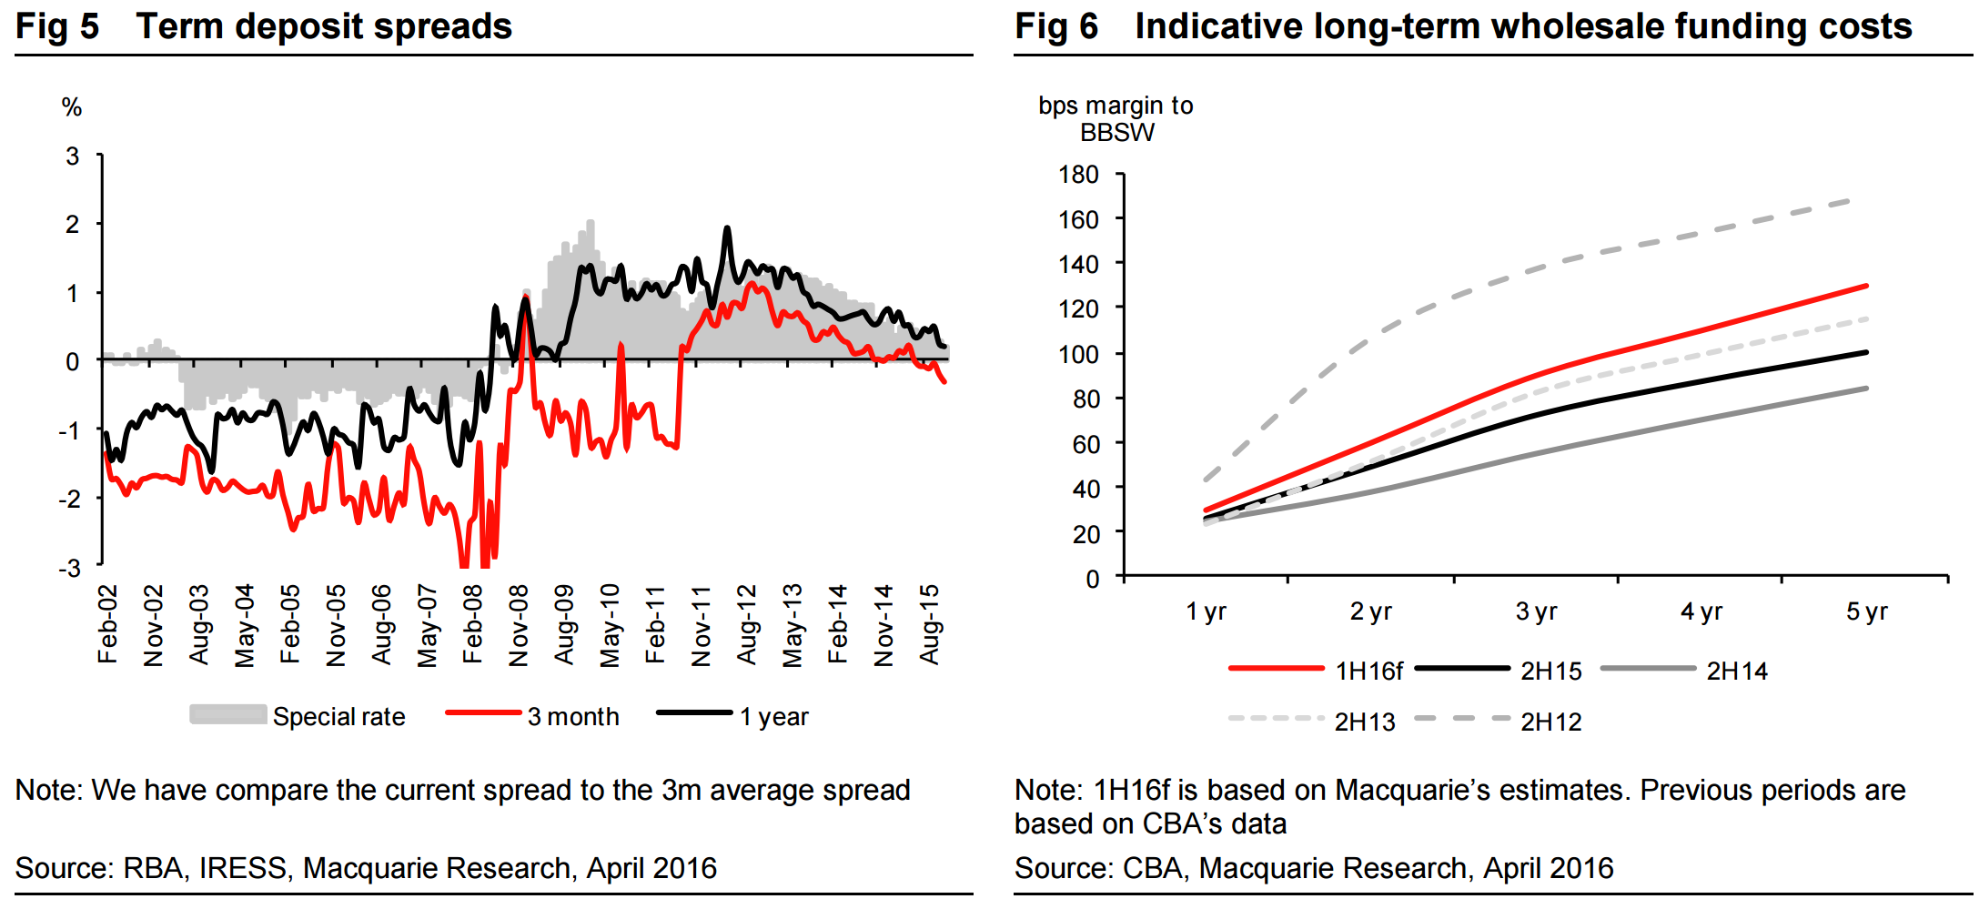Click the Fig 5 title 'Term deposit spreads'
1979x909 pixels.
(x=323, y=26)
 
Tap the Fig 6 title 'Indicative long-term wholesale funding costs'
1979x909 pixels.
(x=1523, y=26)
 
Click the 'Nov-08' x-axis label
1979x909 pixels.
(x=519, y=626)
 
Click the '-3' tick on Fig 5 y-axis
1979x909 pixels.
(x=70, y=569)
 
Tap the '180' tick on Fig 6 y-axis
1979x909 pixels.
(x=1078, y=175)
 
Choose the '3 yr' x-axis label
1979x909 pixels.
(x=1536, y=611)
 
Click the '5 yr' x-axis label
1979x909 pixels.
(x=1866, y=611)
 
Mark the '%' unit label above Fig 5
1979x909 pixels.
(x=72, y=108)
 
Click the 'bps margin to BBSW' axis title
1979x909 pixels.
(x=1116, y=119)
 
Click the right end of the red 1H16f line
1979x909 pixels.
(x=1866, y=287)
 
